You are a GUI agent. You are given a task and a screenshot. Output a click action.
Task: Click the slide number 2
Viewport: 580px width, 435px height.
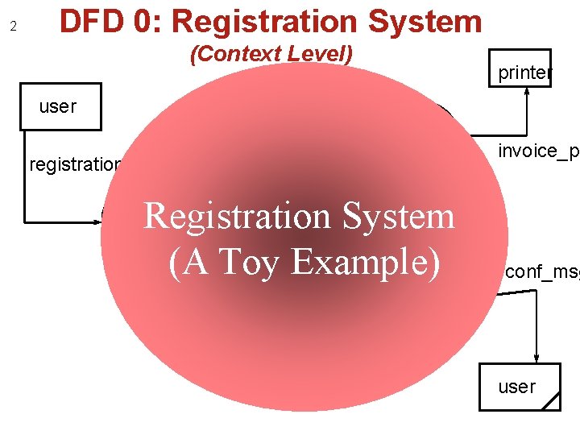pyautogui.click(x=13, y=27)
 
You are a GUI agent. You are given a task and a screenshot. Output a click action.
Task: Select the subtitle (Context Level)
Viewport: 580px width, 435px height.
pyautogui.click(x=271, y=55)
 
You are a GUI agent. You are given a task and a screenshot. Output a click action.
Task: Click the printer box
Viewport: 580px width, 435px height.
pyautogui.click(x=524, y=72)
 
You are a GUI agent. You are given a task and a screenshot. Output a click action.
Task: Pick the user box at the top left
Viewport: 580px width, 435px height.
pyautogui.click(x=60, y=106)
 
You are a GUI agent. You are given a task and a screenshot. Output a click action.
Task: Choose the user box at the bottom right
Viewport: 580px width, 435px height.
pyautogui.click(x=520, y=387)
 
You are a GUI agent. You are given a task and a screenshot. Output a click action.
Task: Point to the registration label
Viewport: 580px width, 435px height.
pyautogui.click(x=75, y=165)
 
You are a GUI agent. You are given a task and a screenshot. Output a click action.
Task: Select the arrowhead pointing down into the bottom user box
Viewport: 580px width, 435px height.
pyautogui.click(x=536, y=358)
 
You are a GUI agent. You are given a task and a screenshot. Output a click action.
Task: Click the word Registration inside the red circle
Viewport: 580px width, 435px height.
pyautogui.click(x=231, y=216)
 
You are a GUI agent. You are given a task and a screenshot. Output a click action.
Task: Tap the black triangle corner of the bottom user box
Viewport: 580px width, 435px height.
pyautogui.click(x=552, y=402)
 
